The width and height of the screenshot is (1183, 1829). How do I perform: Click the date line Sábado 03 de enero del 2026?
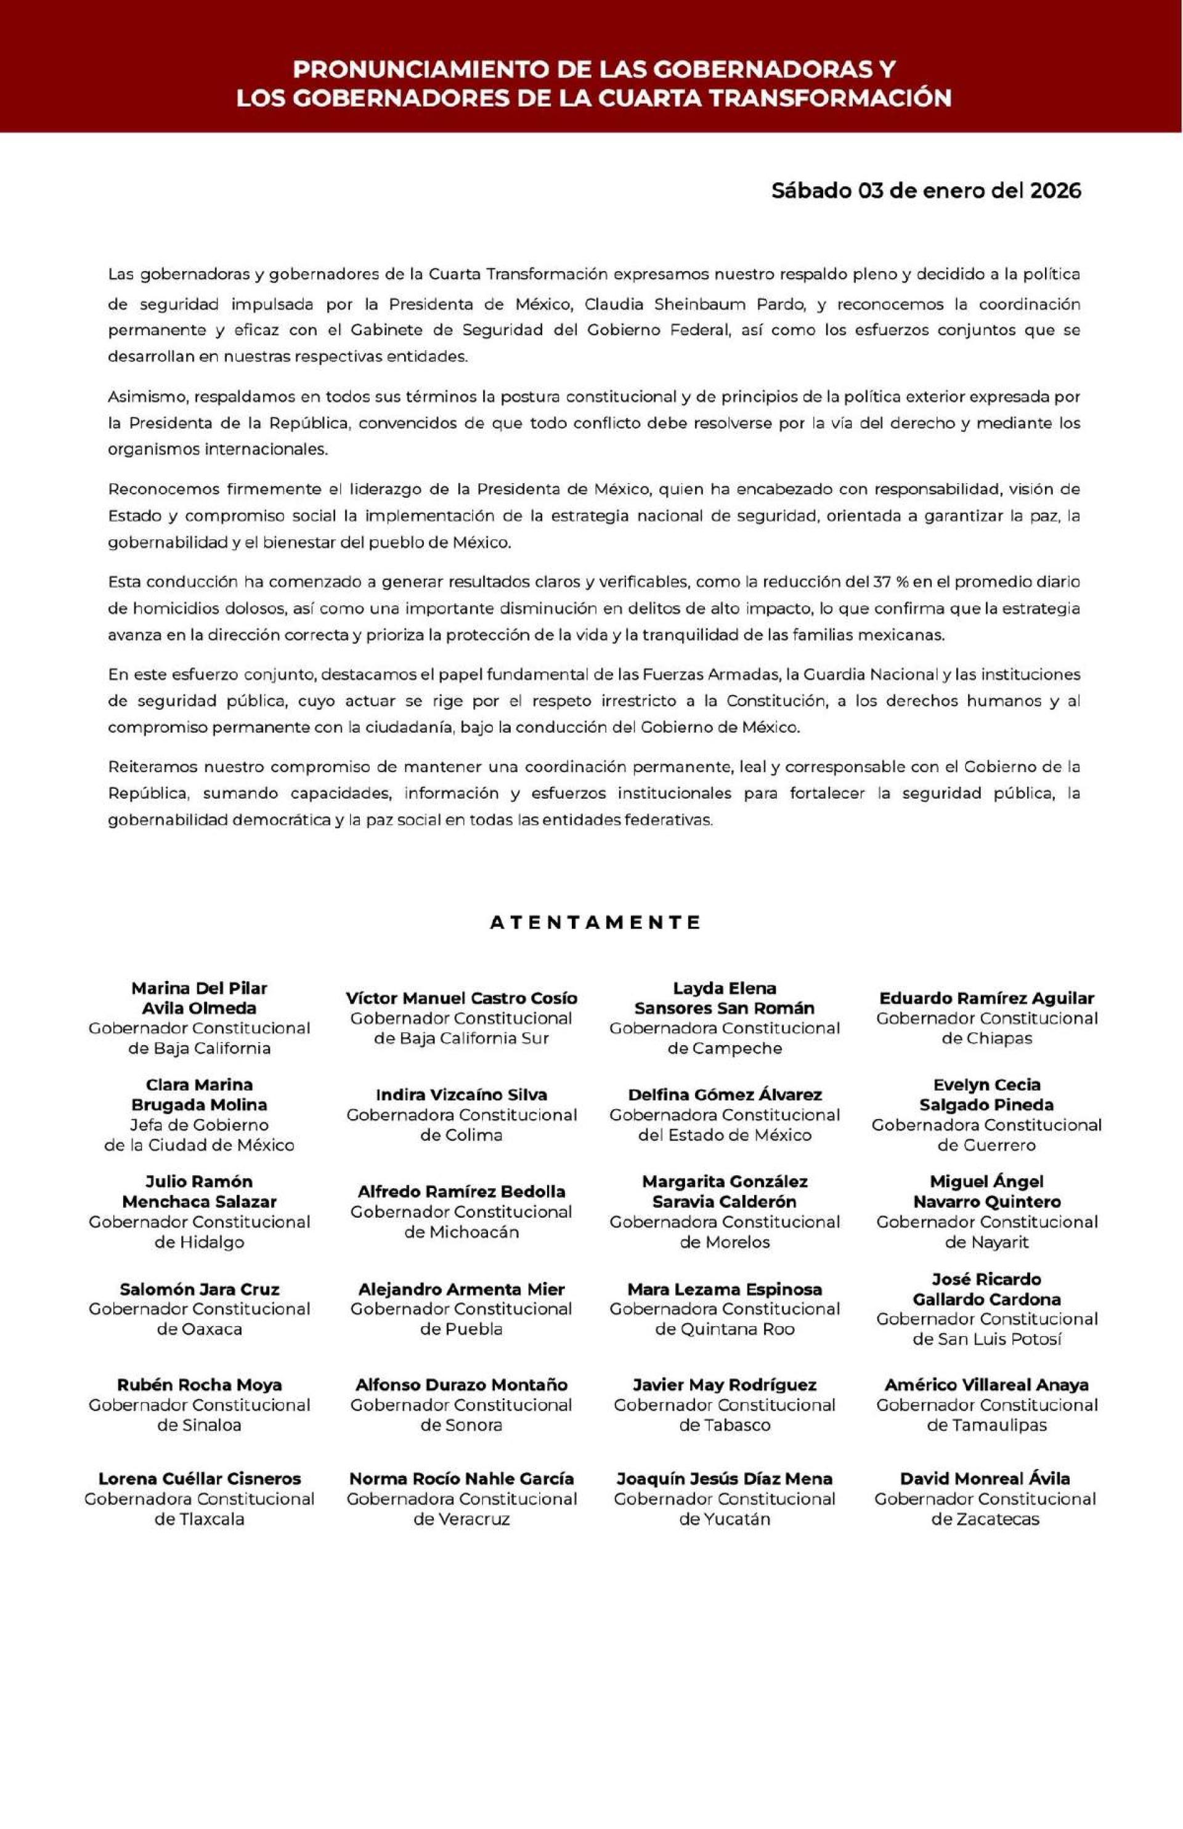pyautogui.click(x=925, y=190)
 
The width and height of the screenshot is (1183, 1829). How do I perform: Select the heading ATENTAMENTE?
pyautogui.click(x=595, y=923)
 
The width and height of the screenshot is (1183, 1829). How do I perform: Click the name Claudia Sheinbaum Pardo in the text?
pyautogui.click(x=694, y=304)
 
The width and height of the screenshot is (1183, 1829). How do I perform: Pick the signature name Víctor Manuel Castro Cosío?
pyautogui.click(x=461, y=998)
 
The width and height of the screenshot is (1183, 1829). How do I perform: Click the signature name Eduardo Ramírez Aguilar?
pyautogui.click(x=986, y=998)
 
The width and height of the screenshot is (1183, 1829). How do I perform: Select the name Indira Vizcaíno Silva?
pyautogui.click(x=461, y=1094)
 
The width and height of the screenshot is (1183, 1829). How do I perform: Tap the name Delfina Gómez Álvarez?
pyautogui.click(x=725, y=1094)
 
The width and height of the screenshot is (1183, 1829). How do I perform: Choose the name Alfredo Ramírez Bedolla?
pyautogui.click(x=461, y=1191)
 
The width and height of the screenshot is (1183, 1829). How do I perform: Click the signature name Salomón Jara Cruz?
pyautogui.click(x=199, y=1289)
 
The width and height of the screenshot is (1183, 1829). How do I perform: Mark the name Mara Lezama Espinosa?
pyautogui.click(x=725, y=1289)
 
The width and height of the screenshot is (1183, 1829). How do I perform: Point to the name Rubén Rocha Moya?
pyautogui.click(x=199, y=1385)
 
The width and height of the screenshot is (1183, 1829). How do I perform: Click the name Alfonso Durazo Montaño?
pyautogui.click(x=461, y=1385)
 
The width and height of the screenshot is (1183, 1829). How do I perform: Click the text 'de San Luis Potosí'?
pyautogui.click(x=986, y=1339)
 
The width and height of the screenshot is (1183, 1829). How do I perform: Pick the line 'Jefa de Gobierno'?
pyautogui.click(x=199, y=1125)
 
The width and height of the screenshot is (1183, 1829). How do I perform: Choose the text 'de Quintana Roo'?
pyautogui.click(x=725, y=1329)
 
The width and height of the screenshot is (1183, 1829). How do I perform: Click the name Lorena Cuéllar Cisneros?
pyautogui.click(x=199, y=1479)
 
